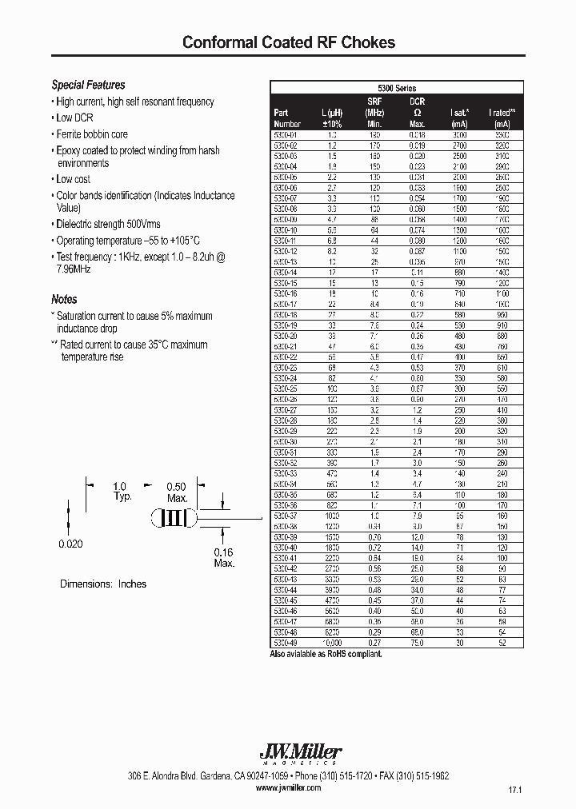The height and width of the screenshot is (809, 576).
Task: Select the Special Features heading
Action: tap(88, 85)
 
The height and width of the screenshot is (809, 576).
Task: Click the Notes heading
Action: tap(64, 299)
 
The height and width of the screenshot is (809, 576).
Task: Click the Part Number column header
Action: tap(286, 118)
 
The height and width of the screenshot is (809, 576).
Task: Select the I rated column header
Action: tap(502, 118)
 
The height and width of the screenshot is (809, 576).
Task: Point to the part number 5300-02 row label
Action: tap(286, 146)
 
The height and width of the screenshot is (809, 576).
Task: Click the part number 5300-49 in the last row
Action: tap(286, 643)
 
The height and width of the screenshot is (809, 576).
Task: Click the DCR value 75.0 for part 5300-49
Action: tap(417, 643)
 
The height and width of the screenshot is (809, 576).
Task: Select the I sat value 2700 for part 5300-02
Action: tap(458, 146)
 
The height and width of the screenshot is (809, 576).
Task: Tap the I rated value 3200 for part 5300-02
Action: tap(502, 146)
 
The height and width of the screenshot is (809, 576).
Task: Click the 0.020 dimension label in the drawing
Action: tap(70, 544)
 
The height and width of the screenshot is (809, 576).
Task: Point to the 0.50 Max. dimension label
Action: tap(176, 492)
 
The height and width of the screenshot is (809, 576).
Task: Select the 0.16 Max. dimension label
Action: tap(223, 558)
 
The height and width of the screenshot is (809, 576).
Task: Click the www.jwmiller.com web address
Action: tap(289, 787)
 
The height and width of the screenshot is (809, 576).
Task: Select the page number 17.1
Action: tap(514, 790)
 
